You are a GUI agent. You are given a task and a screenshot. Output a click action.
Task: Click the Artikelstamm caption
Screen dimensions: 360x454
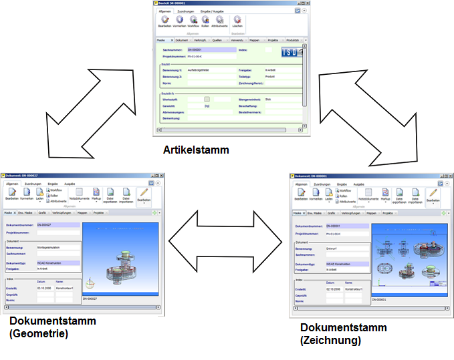click(196, 150)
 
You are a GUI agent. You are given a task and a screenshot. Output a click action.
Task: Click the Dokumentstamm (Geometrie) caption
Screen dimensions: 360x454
click(53, 327)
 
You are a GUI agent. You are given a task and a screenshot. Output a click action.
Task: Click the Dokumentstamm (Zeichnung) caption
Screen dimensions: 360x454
click(343, 333)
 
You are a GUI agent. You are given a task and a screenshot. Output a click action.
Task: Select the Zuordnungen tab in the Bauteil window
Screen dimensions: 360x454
click(185, 12)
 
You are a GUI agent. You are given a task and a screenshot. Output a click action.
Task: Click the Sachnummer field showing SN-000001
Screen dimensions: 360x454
click(211, 49)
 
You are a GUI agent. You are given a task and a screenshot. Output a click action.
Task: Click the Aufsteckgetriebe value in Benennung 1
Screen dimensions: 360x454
click(200, 70)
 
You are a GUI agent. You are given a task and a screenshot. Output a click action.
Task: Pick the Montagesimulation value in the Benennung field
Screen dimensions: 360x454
click(49, 247)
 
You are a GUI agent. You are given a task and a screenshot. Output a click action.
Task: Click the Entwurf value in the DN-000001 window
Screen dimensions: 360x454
click(332, 248)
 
